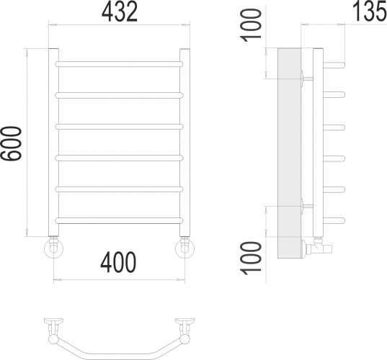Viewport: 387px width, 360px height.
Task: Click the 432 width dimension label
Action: pyautogui.click(x=120, y=12)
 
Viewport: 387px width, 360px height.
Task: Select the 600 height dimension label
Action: pyautogui.click(x=11, y=143)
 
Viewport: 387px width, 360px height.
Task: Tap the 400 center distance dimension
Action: pyautogui.click(x=118, y=262)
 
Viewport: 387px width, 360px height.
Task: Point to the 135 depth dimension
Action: pyautogui.click(x=370, y=11)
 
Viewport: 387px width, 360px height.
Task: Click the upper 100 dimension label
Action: pyautogui.click(x=251, y=25)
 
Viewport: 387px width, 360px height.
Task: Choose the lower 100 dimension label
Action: pyautogui.click(x=251, y=258)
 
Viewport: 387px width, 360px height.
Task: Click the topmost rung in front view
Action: pyautogui.click(x=120, y=64)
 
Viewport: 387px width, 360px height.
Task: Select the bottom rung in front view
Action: pyautogui.click(x=120, y=220)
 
